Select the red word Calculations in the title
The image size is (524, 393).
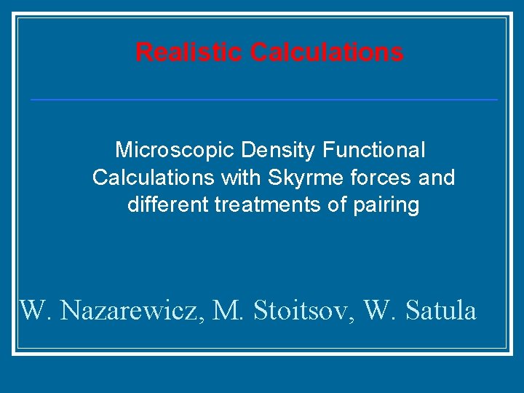coord(327,52)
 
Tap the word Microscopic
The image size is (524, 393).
coord(175,151)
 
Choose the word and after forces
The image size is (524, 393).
coord(434,178)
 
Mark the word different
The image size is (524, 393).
coord(168,205)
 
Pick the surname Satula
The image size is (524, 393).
coord(440,311)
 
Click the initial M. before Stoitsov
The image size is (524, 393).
coord(227,311)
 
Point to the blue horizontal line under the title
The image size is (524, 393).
coord(263,99)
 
